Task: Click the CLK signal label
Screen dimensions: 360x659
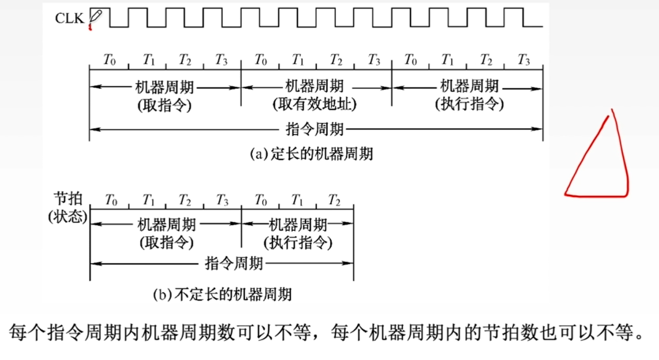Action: pos(69,19)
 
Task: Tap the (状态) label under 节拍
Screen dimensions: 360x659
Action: pos(68,217)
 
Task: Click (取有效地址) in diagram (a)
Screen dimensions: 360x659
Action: pos(315,105)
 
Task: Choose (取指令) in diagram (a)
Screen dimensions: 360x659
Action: pos(164,105)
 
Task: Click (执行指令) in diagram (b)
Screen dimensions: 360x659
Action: pos(298,243)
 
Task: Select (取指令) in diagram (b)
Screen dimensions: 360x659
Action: pos(166,243)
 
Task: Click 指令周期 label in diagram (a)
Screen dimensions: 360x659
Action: pos(315,129)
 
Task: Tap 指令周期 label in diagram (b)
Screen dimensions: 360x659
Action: pos(234,263)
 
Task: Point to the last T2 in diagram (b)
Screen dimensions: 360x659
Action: pos(334,200)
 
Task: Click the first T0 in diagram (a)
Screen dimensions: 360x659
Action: pos(109,60)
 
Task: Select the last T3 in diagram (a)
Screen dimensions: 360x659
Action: pos(524,60)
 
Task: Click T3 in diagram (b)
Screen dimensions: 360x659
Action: pos(222,200)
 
